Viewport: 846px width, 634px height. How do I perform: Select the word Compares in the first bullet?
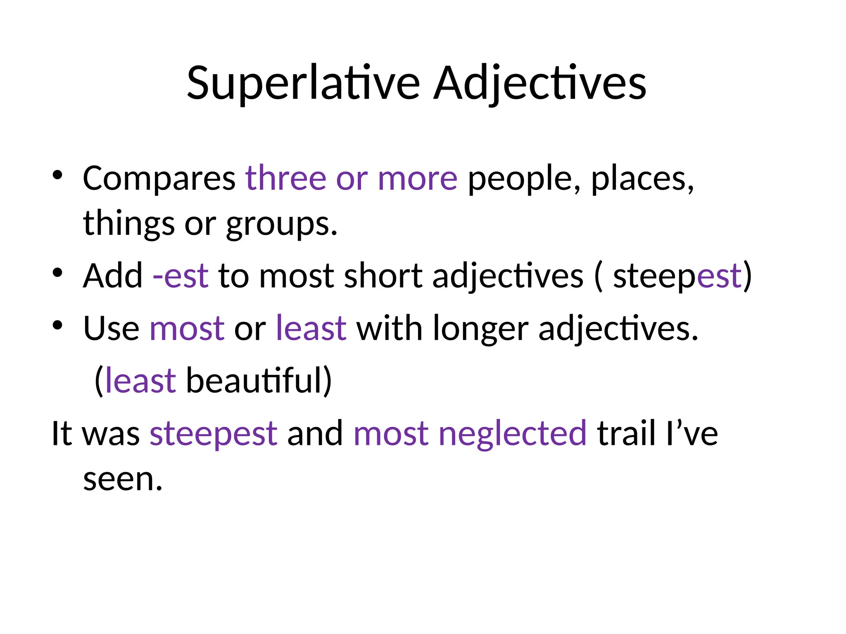(x=159, y=179)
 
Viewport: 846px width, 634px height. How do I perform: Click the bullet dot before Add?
(x=57, y=272)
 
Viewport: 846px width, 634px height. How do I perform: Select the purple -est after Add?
(x=181, y=276)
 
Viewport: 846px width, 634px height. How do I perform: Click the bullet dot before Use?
(x=57, y=325)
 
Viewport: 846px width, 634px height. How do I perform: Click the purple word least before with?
(x=311, y=329)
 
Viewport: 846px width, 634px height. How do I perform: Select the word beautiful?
(x=254, y=380)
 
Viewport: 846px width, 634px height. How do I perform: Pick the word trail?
(x=626, y=433)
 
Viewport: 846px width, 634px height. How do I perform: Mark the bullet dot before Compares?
(x=57, y=175)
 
